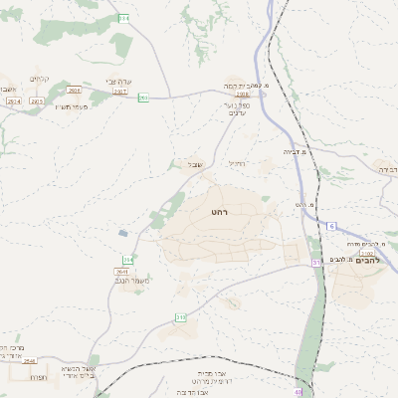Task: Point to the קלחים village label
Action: tap(39, 80)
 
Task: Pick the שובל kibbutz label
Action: tap(195, 164)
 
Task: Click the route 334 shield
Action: tap(123, 18)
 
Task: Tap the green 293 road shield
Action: tap(143, 97)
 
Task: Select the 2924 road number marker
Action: tap(14, 101)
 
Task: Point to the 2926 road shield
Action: tap(38, 101)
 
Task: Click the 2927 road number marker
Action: tap(119, 91)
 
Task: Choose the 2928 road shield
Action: tap(74, 90)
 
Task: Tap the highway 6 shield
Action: tap(331, 226)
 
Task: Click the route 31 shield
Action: tap(316, 262)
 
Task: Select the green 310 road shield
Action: tap(181, 317)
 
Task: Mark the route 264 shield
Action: tap(127, 259)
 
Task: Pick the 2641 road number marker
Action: tap(121, 271)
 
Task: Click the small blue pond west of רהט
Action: tap(122, 232)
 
